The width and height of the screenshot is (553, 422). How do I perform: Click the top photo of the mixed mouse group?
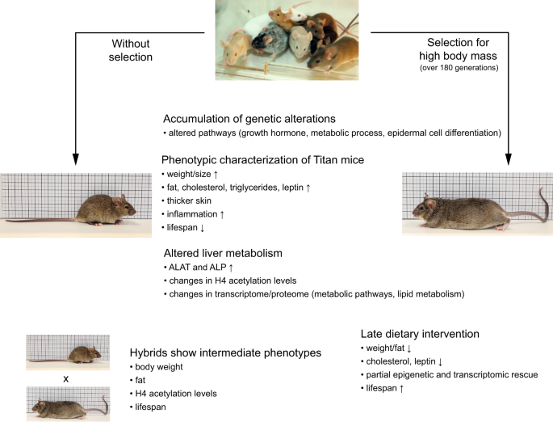(275, 40)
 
